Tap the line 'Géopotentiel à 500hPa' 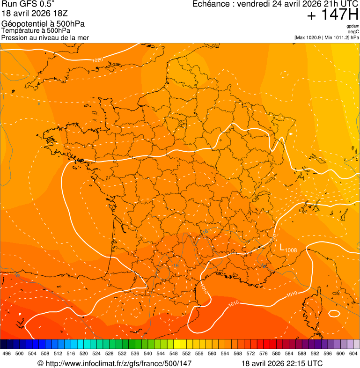point(43,24)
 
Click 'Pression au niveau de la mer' point(45,37)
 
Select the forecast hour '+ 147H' point(332,15)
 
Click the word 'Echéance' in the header point(213,4)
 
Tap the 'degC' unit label point(353,31)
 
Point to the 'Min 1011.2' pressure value point(336,37)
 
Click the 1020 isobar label point(97,60)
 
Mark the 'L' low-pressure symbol point(282,248)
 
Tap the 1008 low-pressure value point(291,250)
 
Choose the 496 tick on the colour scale point(7,353)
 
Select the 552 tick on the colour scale point(187,353)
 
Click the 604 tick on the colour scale point(353,353)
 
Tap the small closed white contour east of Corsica point(334,313)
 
